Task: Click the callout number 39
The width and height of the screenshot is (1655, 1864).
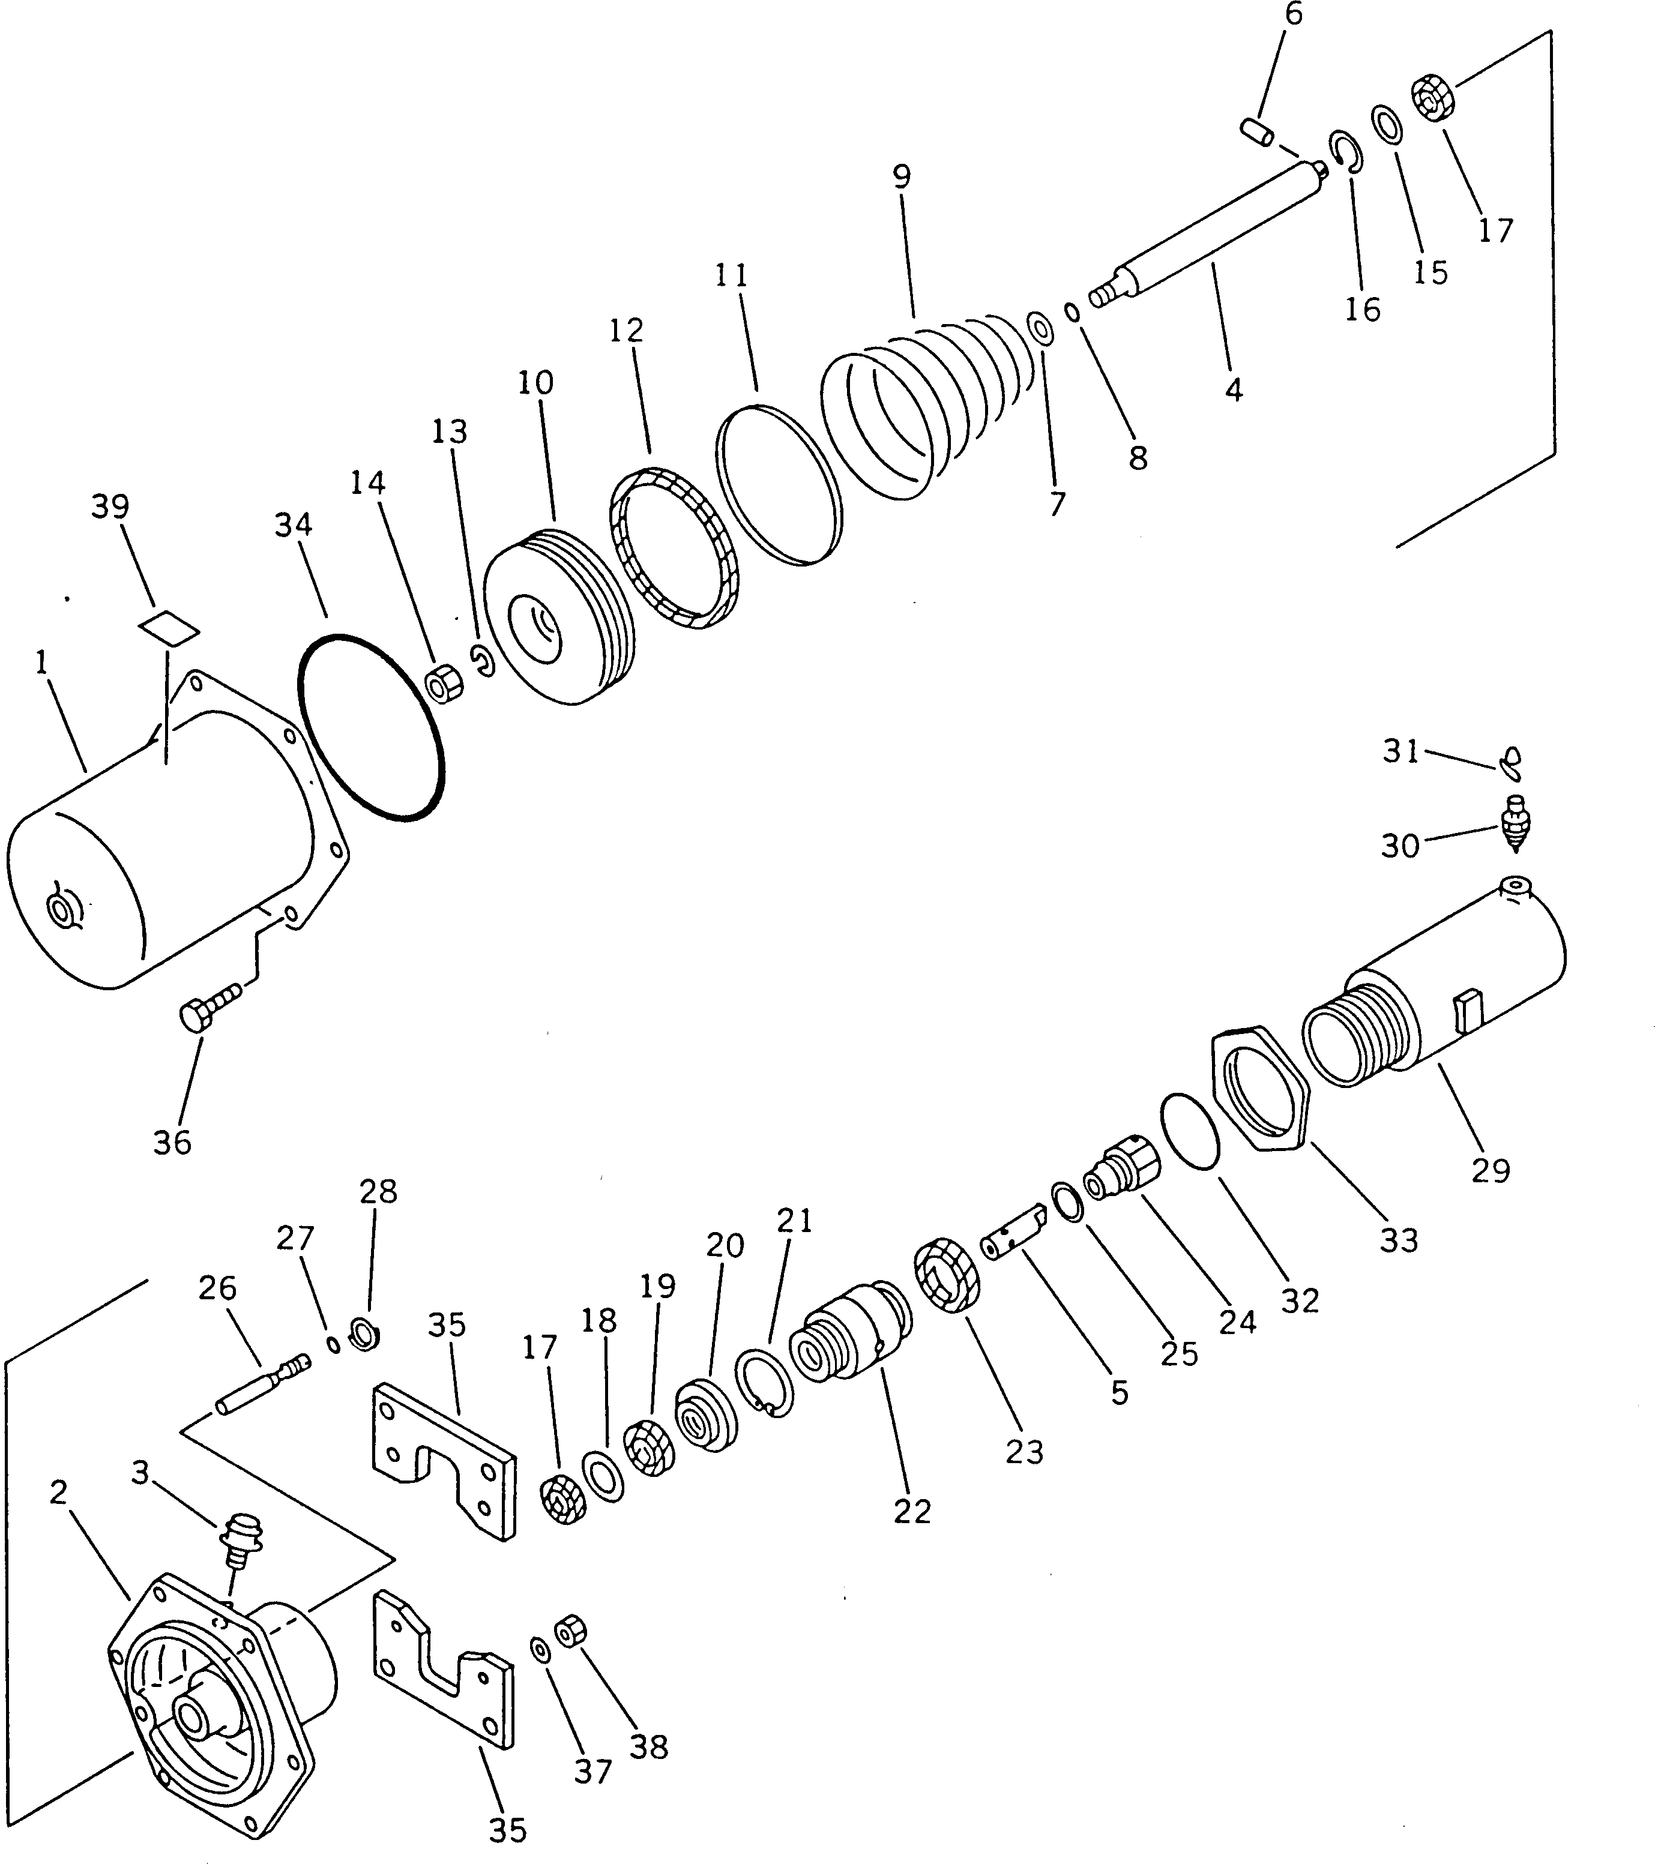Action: (x=110, y=507)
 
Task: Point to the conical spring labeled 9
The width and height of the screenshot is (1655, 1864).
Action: (x=921, y=401)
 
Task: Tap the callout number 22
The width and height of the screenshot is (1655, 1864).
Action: (x=911, y=1511)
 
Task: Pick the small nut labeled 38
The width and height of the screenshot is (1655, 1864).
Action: (x=570, y=1629)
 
